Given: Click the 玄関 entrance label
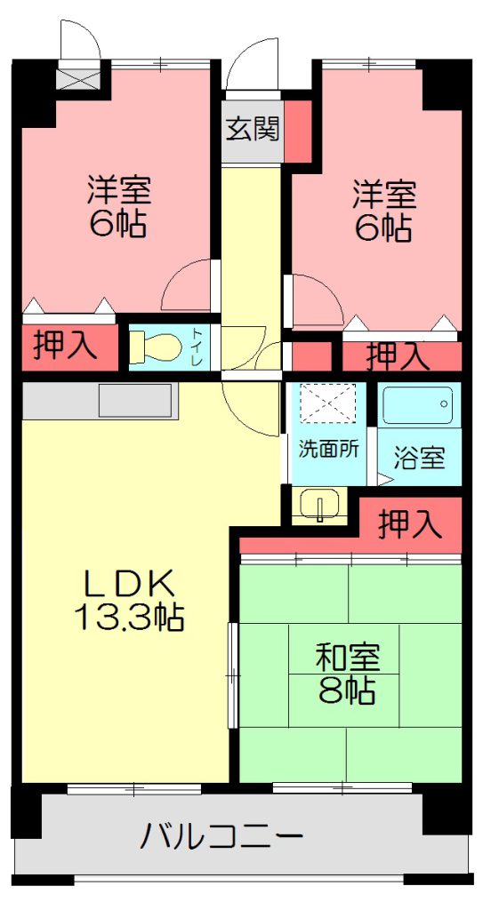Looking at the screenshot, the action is (x=253, y=129).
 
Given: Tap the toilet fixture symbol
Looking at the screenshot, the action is (x=151, y=347).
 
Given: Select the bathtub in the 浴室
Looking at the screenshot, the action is (x=418, y=404).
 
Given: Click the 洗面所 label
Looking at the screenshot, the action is (x=329, y=449).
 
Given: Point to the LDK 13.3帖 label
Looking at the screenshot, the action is (x=130, y=601).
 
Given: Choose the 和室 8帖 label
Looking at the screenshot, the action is (x=348, y=674).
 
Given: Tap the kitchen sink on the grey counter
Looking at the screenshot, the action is (x=135, y=400).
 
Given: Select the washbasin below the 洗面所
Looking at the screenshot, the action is (x=319, y=506).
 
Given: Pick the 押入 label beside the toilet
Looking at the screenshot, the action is (x=64, y=347).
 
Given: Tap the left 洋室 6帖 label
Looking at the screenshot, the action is (x=119, y=205).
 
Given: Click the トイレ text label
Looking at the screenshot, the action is (x=197, y=347).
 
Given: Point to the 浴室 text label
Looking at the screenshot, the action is (x=420, y=459).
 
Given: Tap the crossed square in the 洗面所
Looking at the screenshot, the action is (x=327, y=404).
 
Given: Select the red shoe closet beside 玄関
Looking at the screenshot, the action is (x=298, y=132).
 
